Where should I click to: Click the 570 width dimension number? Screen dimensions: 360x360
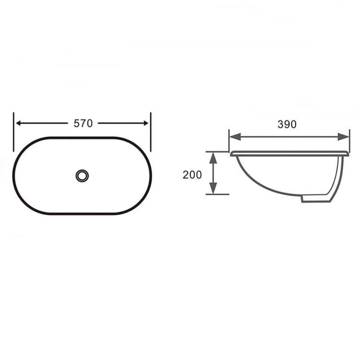pos(82,123)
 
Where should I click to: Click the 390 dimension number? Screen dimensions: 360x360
pos(287,125)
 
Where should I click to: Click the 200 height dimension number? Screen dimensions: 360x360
pos(192,175)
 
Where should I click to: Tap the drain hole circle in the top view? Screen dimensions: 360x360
pos(82,175)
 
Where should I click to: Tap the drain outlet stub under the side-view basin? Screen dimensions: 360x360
pos(317,198)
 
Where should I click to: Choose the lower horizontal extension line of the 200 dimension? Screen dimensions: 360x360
pos(218,194)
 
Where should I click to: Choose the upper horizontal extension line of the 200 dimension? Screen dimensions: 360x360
pos(218,152)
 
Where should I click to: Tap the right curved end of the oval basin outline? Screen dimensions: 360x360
pos(151,175)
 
